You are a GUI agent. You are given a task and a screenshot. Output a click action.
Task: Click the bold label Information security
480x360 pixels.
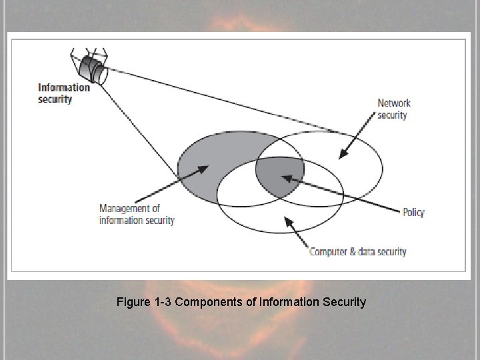tap(64, 93)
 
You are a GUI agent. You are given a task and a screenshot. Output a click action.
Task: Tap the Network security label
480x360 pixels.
tap(393, 109)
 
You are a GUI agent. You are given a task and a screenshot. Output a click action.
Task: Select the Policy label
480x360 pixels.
tap(413, 213)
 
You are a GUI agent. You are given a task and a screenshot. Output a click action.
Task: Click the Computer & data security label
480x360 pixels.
tap(358, 251)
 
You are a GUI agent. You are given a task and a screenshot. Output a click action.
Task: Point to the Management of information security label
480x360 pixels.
tap(136, 214)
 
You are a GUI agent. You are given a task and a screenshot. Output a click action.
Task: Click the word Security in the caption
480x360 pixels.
tap(344, 302)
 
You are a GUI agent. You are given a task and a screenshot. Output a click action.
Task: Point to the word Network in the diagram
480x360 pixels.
tap(394, 103)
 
